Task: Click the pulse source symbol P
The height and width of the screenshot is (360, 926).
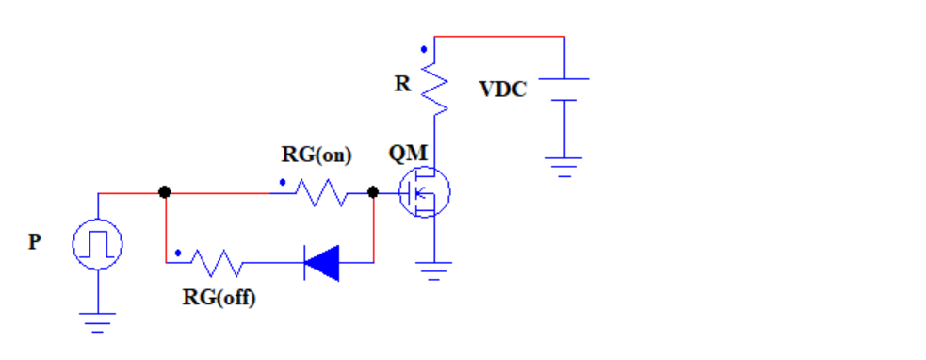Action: [x=98, y=245]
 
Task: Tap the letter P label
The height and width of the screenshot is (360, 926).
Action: [x=34, y=242]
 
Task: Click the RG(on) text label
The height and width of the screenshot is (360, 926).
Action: [x=317, y=154]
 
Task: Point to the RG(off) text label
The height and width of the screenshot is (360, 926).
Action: [x=219, y=299]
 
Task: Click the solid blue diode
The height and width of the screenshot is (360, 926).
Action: [x=321, y=261]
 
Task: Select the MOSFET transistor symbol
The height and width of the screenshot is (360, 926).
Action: [x=424, y=192]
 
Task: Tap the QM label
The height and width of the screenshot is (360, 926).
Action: [x=408, y=154]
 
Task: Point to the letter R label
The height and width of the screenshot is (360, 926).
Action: [x=402, y=84]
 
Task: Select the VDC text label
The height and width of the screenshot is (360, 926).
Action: [x=503, y=90]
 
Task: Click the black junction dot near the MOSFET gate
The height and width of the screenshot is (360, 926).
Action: [x=373, y=192]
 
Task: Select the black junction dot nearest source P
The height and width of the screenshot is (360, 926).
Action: [x=165, y=192]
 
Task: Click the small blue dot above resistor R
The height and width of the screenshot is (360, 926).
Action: [x=424, y=48]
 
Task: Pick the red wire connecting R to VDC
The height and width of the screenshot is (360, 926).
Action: [x=499, y=37]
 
